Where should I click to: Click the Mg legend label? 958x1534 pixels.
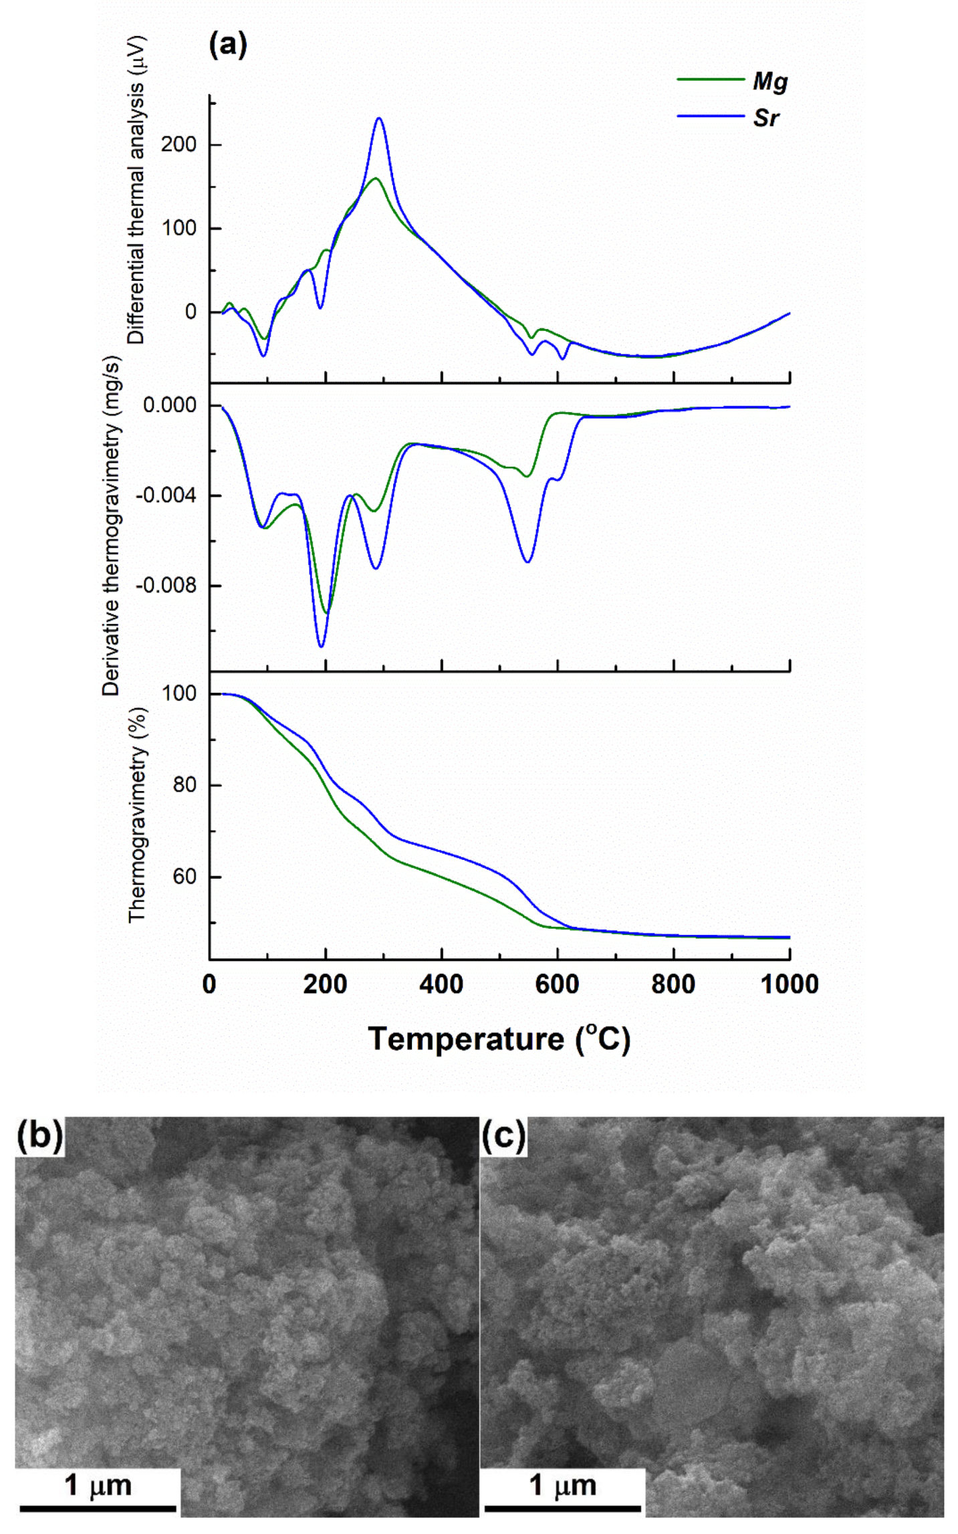770,82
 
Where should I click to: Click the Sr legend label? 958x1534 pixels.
765,118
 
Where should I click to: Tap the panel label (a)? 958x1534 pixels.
228,45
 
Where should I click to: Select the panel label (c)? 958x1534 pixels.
504,1135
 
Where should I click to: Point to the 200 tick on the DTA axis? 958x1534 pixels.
178,144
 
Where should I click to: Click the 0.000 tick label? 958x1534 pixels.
169,405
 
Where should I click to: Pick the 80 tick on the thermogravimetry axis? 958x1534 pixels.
185,785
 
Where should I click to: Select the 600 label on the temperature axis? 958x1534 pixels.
557,984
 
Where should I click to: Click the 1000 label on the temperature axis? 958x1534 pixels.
789,984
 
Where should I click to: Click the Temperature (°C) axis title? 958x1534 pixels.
499,1038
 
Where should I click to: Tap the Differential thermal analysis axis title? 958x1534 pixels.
136,191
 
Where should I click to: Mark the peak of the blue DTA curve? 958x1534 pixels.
379,118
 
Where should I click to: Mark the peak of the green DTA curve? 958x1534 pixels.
376,178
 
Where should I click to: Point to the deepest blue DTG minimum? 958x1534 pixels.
321,646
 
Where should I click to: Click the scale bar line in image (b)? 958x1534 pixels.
98,1508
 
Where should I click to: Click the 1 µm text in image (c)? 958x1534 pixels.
562,1485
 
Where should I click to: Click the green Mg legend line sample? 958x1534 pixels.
710,80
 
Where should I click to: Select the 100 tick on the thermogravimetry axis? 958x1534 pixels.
179,693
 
